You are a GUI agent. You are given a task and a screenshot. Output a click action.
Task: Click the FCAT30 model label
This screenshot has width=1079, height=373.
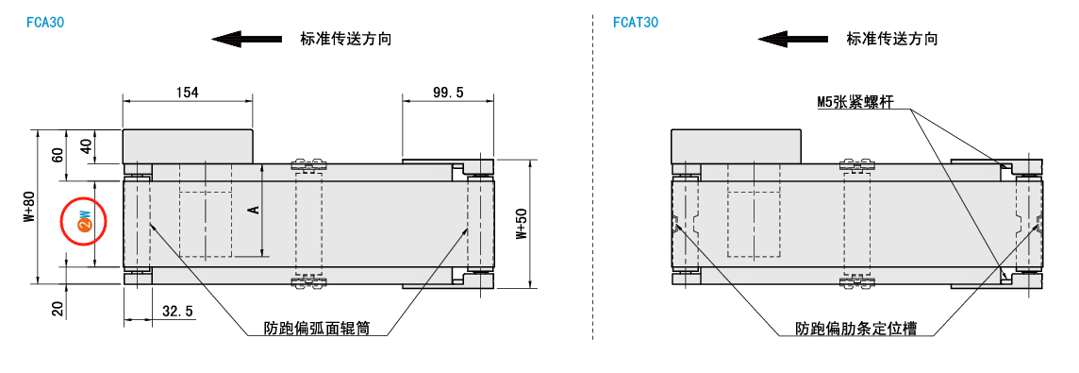point(636,22)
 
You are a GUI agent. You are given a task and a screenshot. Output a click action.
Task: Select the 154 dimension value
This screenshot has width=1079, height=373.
point(187,93)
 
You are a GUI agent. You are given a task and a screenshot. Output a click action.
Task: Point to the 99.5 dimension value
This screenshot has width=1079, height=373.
point(448,93)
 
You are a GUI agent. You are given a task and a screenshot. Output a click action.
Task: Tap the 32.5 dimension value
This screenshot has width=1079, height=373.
point(177,311)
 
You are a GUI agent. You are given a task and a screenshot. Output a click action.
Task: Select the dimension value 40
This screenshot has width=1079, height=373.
point(85,147)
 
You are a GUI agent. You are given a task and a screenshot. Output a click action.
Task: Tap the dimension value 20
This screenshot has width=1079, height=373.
point(58,310)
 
